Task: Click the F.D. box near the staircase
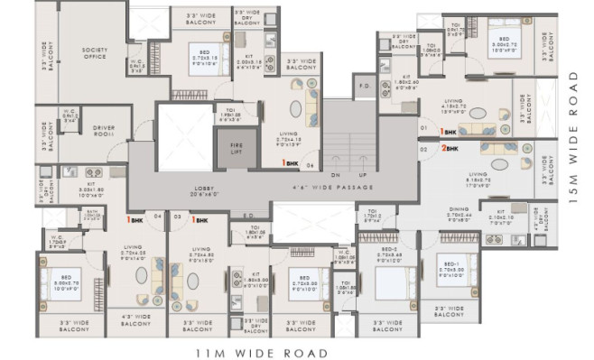pos(365,88)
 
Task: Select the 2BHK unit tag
pos(449,147)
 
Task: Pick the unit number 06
pos(310,165)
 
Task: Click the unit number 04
pos(157,217)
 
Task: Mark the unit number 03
pos(178,217)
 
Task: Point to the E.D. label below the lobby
pos(248,215)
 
